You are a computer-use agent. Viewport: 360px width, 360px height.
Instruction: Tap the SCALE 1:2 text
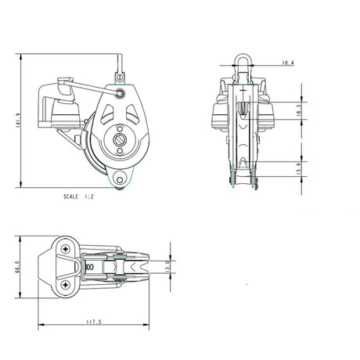tap(81, 198)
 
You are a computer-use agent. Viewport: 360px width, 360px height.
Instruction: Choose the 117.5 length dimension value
tap(93, 320)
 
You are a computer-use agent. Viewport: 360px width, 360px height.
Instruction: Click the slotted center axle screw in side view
tap(121, 142)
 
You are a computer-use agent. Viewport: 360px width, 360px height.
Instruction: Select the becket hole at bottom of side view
tap(119, 179)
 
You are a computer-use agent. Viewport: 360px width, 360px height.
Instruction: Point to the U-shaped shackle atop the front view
tap(242, 65)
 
